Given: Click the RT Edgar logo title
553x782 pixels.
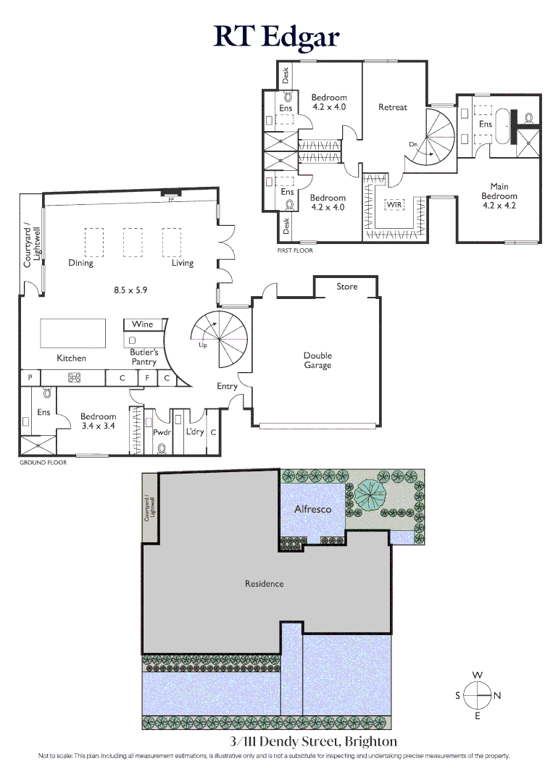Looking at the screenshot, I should click(x=276, y=36).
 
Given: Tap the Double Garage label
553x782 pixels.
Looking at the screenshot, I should click(x=317, y=361).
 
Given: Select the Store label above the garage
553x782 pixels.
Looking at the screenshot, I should click(x=347, y=287).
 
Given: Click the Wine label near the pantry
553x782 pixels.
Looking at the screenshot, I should click(x=143, y=324).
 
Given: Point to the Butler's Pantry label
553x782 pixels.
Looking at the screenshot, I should click(x=144, y=357).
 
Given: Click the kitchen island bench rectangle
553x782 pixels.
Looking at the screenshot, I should click(x=74, y=333).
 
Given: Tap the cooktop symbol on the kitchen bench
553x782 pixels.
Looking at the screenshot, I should click(x=73, y=377).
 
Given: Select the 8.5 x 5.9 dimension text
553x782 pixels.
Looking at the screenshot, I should click(x=130, y=290).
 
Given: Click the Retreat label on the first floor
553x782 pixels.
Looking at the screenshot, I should click(x=393, y=107).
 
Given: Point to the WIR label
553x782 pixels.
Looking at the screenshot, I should click(x=394, y=205).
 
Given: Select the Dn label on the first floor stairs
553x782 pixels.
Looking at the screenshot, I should click(x=413, y=145).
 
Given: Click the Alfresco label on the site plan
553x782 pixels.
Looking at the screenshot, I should click(x=313, y=509).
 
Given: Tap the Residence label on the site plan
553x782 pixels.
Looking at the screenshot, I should click(x=264, y=584).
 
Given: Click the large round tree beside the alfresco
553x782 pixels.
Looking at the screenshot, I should click(x=371, y=496).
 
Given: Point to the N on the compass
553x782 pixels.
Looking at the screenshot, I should click(x=497, y=696).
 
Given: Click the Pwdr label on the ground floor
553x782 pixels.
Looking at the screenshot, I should click(x=161, y=432).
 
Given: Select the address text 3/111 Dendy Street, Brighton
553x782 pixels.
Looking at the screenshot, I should click(x=313, y=741).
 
